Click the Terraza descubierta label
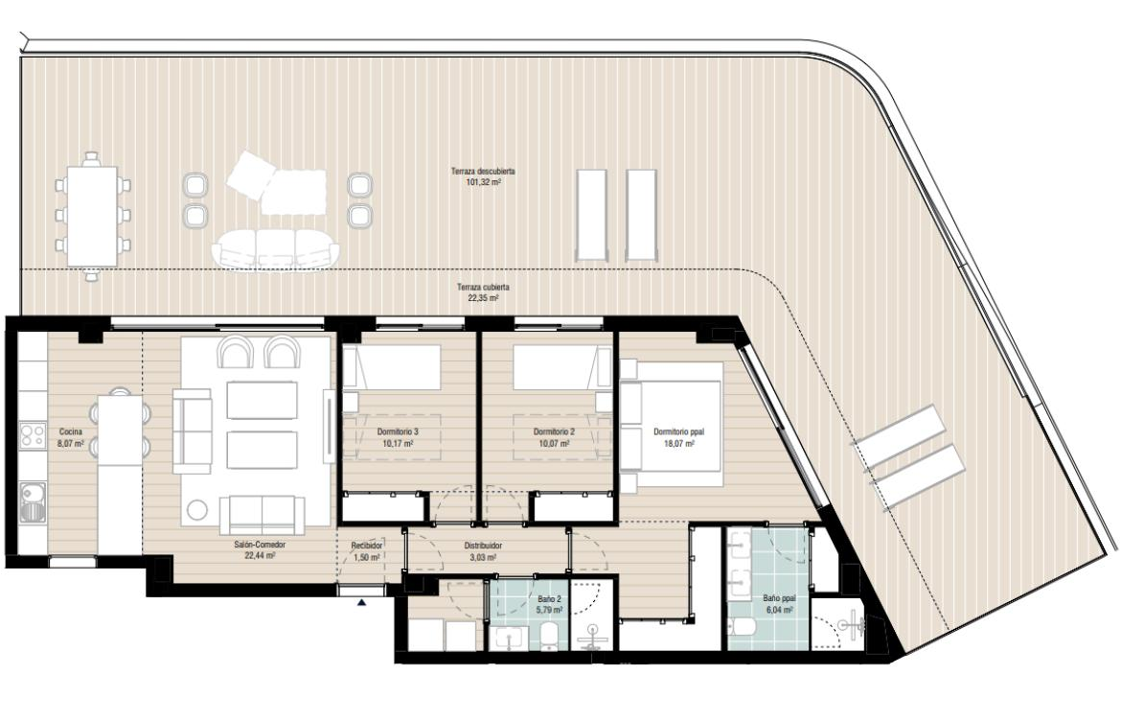pyautogui.click(x=483, y=172)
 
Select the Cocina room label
pyautogui.click(x=71, y=432)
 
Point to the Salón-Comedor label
pyautogui.click(x=260, y=545)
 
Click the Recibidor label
pyautogui.click(x=367, y=546)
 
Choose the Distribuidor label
pyautogui.click(x=483, y=546)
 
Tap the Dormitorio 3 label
pyautogui.click(x=398, y=432)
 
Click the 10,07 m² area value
pyautogui.click(x=554, y=444)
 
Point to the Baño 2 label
pyautogui.click(x=549, y=599)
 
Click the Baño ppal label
pyautogui.click(x=779, y=598)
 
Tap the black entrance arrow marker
pyautogui.click(x=362, y=603)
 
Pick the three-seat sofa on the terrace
pyautogui.click(x=276, y=248)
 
